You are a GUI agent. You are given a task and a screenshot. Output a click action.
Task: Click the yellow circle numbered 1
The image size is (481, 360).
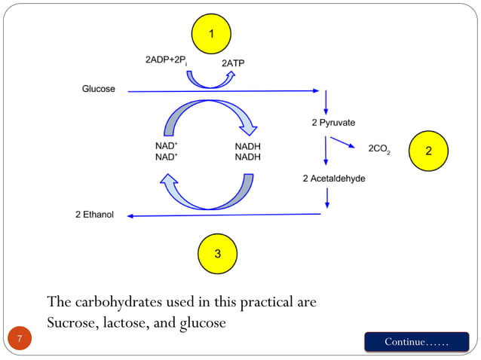tap(211, 35)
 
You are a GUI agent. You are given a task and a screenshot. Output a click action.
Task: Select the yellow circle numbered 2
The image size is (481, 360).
tap(428, 151)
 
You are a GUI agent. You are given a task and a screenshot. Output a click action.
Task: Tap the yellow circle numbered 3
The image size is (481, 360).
tap(217, 253)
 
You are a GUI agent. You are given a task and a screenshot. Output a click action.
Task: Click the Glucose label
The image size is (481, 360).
tap(98, 89)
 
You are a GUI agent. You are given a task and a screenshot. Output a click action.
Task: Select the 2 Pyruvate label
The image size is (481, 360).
tap(333, 122)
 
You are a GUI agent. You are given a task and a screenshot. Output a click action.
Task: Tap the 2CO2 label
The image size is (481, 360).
tap(378, 149)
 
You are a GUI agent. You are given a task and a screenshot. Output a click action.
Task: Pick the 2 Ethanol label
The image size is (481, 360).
tap(94, 215)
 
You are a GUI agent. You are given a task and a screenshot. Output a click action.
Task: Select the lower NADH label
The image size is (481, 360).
tap(247, 157)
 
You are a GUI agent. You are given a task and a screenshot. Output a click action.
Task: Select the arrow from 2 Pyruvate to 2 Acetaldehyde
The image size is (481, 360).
tap(326, 151)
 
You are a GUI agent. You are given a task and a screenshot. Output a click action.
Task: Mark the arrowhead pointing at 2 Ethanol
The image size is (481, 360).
tap(130, 216)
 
